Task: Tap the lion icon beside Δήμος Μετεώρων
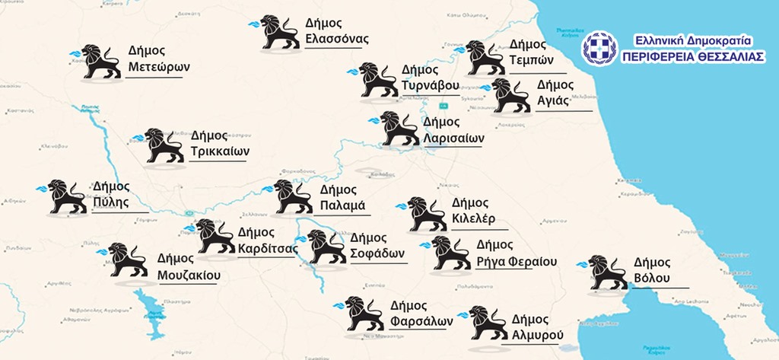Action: (100, 61)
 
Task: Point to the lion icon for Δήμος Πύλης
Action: (67, 196)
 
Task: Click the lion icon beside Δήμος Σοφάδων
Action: (326, 246)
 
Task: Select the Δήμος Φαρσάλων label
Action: (421, 313)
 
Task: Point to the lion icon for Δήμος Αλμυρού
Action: (488, 323)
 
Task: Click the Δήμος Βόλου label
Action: (652, 270)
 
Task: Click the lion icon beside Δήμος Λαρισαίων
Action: (399, 129)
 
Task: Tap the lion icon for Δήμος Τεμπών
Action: (485, 58)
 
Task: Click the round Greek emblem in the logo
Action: (599, 47)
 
